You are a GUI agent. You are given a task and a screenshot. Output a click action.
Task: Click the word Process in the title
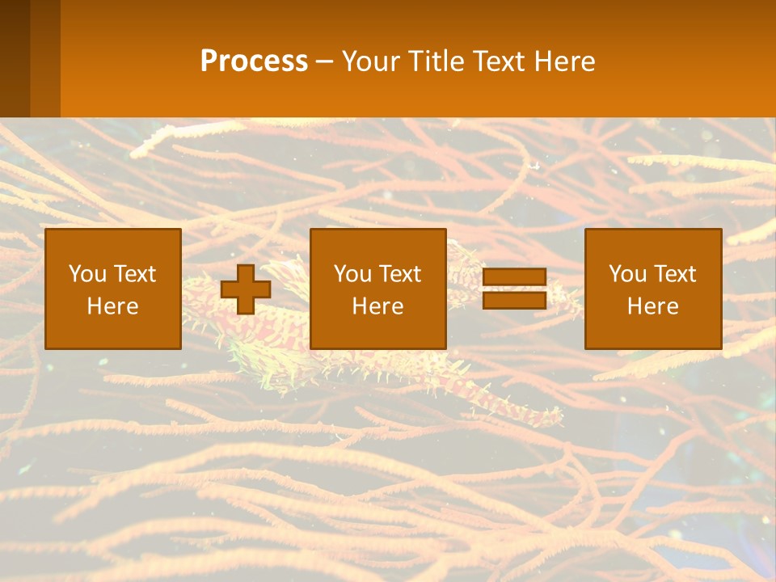(254, 61)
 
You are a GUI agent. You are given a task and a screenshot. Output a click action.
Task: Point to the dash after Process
(323, 62)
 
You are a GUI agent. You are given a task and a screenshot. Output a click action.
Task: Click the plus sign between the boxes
(246, 289)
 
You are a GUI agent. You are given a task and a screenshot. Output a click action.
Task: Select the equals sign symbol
(515, 289)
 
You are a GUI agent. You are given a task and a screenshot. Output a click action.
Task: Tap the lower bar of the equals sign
(515, 300)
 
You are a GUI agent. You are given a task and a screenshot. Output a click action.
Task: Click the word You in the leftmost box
(87, 274)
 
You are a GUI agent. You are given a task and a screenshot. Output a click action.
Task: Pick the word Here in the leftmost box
(112, 306)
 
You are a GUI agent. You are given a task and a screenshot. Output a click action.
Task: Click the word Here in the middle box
(377, 306)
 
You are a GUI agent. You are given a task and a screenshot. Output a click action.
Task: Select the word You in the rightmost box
(627, 274)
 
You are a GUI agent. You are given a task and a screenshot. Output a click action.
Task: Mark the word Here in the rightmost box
(652, 306)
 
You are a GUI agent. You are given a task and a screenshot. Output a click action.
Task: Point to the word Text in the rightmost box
(675, 274)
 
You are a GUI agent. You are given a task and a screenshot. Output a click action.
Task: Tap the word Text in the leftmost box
(135, 274)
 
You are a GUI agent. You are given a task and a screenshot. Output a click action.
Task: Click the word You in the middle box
(352, 274)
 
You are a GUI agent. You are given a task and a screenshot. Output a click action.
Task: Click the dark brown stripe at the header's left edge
(15, 58)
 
